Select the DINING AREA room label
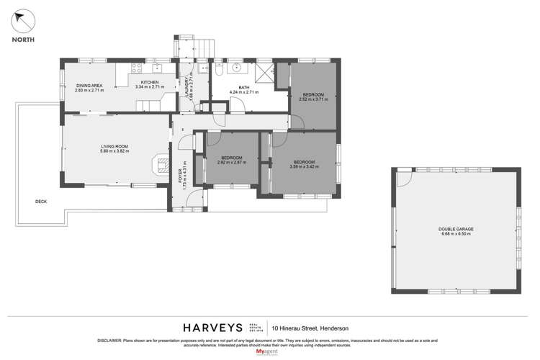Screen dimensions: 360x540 [x=90, y=86]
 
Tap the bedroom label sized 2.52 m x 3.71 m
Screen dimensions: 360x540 [x=312, y=97]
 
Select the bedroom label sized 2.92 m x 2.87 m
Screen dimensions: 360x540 [x=231, y=160]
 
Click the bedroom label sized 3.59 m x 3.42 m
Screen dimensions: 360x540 [x=303, y=164]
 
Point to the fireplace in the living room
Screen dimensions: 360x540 [x=160, y=165]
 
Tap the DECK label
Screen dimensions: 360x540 [x=40, y=202]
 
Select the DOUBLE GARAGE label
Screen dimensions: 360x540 [x=456, y=231]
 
